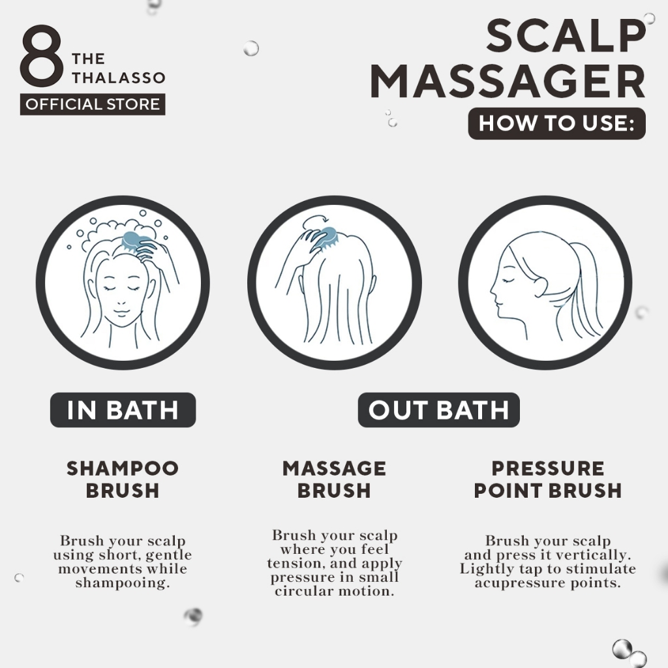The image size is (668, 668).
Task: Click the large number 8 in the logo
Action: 41,55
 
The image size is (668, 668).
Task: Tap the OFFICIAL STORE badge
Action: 93,104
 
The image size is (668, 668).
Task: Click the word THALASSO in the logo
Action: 119,78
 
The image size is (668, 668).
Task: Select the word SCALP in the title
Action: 566,37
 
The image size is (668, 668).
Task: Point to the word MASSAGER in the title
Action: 508,82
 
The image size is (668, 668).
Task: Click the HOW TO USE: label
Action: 557,123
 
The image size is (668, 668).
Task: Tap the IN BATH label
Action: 123,410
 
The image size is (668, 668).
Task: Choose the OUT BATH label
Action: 439,410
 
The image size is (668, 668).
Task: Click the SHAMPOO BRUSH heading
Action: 123,479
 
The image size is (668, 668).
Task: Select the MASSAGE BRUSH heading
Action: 334,479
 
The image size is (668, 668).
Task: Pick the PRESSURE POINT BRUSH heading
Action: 548,479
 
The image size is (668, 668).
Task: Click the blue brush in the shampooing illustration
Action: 136,241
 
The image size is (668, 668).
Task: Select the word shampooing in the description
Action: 123,583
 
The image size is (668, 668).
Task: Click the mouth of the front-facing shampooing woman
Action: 121,313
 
